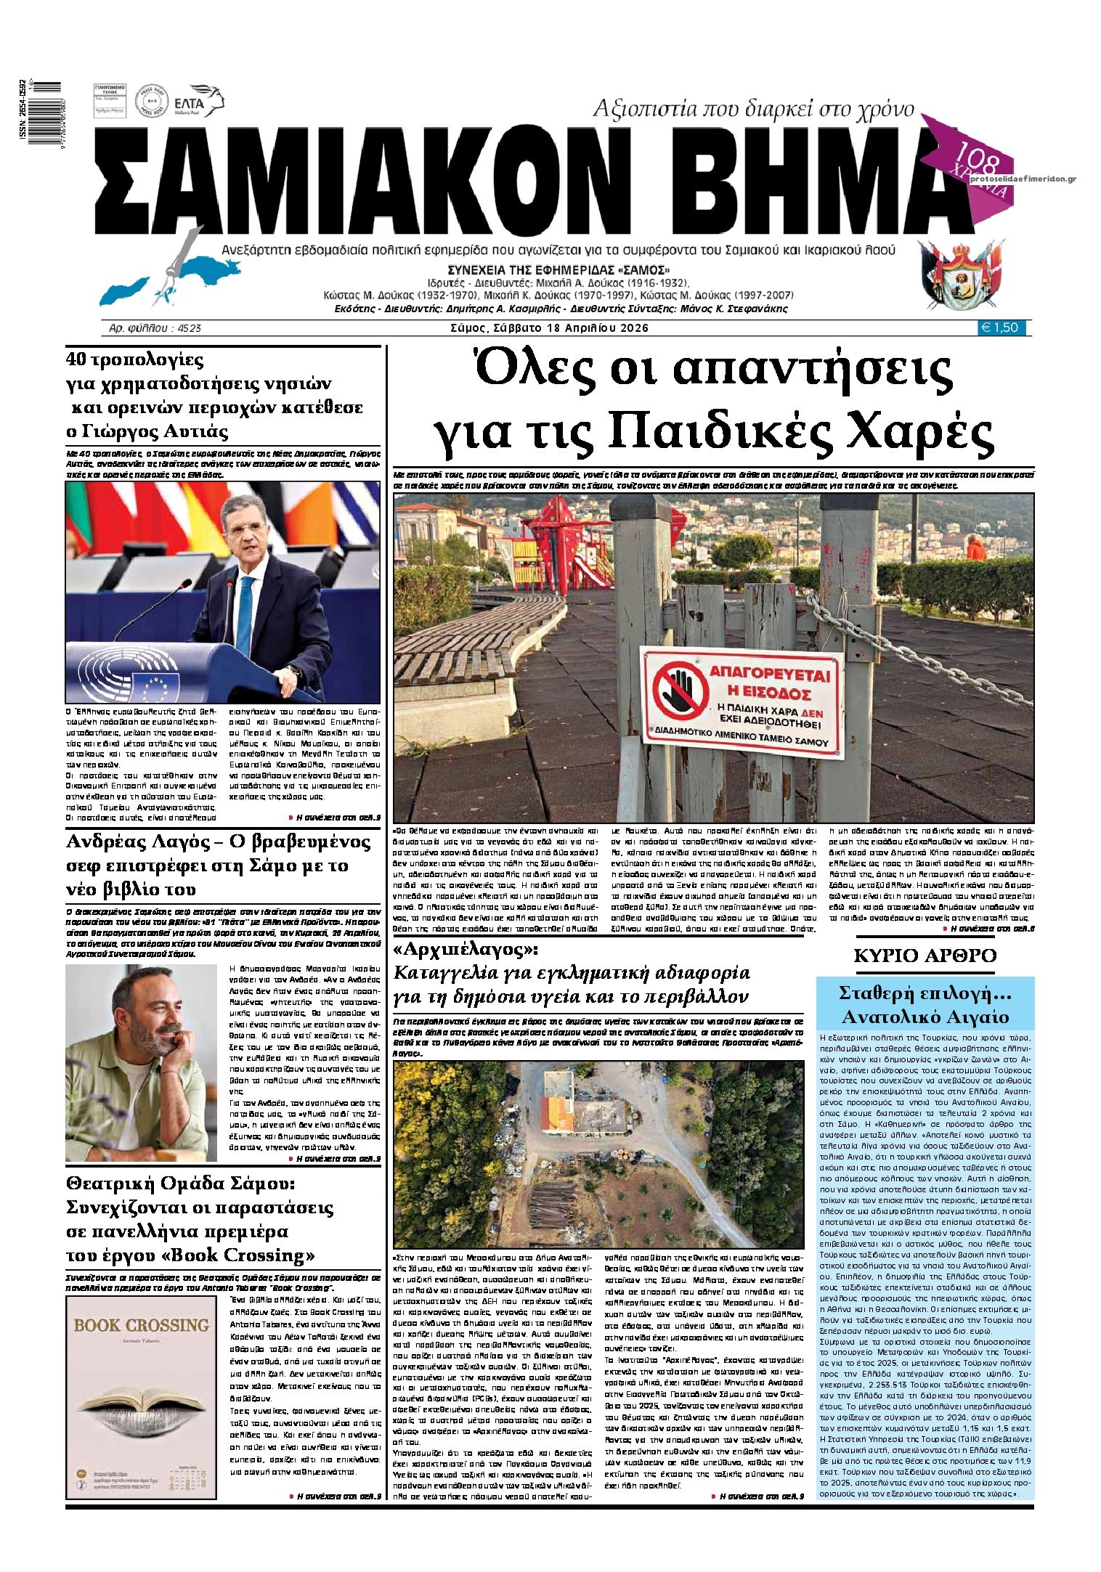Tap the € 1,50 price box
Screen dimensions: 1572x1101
click(x=1002, y=328)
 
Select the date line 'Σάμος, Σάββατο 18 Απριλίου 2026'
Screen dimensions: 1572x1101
click(x=548, y=328)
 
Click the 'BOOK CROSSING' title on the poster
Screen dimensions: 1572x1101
click(x=142, y=1325)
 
